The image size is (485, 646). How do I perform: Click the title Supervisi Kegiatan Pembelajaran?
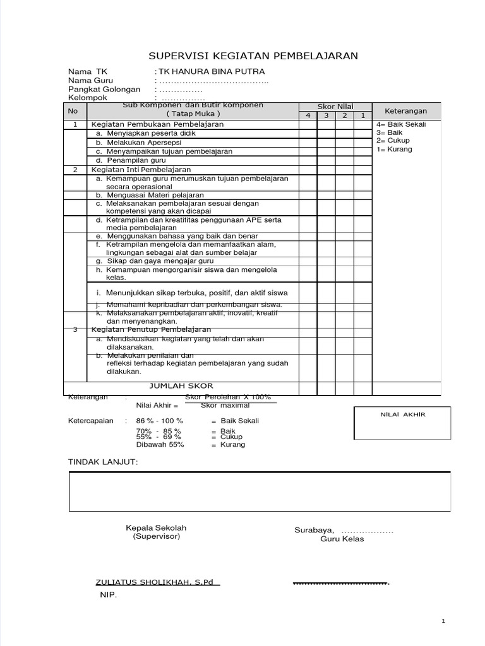253,56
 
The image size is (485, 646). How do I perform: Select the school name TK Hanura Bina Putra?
212,72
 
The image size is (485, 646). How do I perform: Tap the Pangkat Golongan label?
104,90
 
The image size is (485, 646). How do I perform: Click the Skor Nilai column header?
335,107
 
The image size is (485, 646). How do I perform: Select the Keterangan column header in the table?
406,110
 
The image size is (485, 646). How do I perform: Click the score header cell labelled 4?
308,116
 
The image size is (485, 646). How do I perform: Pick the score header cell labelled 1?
363,116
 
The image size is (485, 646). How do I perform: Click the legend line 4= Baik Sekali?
401,124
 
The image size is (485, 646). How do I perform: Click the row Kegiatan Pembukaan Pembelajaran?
158,124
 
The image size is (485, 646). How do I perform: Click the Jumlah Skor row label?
181,385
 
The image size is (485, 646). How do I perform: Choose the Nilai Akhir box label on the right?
403,414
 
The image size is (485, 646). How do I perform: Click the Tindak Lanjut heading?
102,462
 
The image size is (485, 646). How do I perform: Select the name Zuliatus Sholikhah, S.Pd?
157,582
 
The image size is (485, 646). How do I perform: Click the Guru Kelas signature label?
342,539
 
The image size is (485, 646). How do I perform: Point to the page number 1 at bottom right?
443,621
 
